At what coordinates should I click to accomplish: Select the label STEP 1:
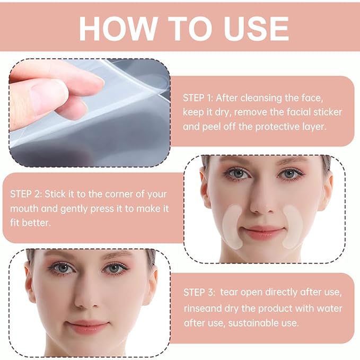198,98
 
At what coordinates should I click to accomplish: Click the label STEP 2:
26,194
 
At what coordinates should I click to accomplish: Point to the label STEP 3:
199,293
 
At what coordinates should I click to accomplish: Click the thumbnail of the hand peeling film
90,113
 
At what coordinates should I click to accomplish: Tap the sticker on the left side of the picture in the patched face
232,226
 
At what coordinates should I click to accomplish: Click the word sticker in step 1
328,112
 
